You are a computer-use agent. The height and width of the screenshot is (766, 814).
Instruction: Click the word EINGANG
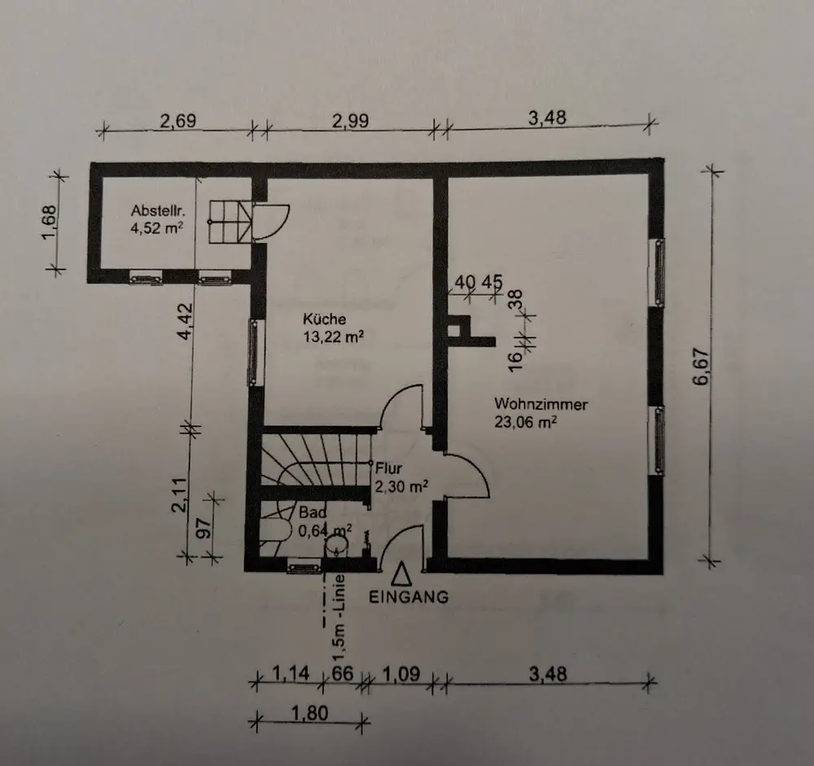pyautogui.click(x=409, y=597)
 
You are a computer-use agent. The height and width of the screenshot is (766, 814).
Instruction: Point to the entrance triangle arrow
pyautogui.click(x=401, y=574)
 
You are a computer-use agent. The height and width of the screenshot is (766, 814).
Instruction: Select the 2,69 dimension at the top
pyautogui.click(x=177, y=121)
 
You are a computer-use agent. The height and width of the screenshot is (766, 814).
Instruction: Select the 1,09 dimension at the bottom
pyautogui.click(x=400, y=675)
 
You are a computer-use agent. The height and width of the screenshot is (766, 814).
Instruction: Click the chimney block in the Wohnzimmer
pyautogui.click(x=464, y=331)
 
